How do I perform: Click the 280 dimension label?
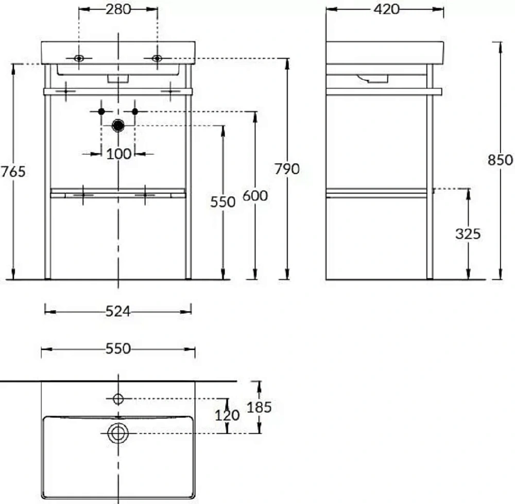pos(118,9)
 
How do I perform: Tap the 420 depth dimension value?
pos(386,9)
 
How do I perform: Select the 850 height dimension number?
pos(500,160)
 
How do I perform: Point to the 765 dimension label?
pos(13,172)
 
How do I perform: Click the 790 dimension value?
pos(287,169)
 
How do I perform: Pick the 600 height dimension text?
pos(255,196)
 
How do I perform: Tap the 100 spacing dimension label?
pos(118,154)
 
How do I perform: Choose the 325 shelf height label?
pos(468,234)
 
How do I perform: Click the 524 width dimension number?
pos(118,311)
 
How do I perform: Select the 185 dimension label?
pos(259,408)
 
